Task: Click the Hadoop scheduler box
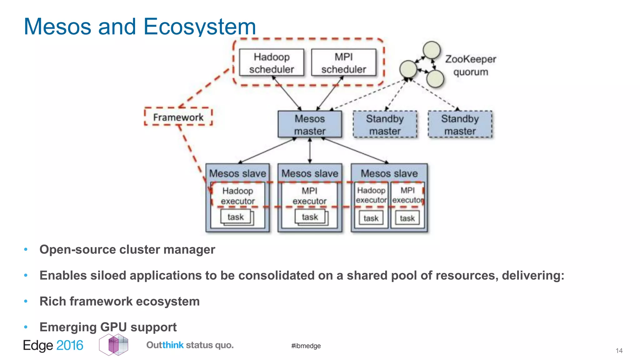tap(271, 62)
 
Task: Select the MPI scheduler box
tap(343, 62)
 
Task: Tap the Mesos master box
tap(309, 124)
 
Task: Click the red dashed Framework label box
tap(178, 117)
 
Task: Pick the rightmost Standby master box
tap(460, 124)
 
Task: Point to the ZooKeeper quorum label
tap(470, 65)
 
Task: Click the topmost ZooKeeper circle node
tap(432, 50)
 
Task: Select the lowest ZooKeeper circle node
tap(435, 78)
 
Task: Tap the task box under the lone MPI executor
tap(310, 217)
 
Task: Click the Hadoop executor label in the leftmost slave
tap(237, 196)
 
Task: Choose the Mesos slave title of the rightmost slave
tap(389, 173)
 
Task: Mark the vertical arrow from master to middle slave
tap(310, 151)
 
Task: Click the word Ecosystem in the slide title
tap(200, 27)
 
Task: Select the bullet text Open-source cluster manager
tap(127, 249)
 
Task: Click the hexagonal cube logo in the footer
tap(114, 345)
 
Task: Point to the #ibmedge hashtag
tap(306, 346)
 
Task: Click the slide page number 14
tap(619, 351)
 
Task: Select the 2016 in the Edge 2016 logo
tap(70, 345)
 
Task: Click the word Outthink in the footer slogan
tap(165, 345)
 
